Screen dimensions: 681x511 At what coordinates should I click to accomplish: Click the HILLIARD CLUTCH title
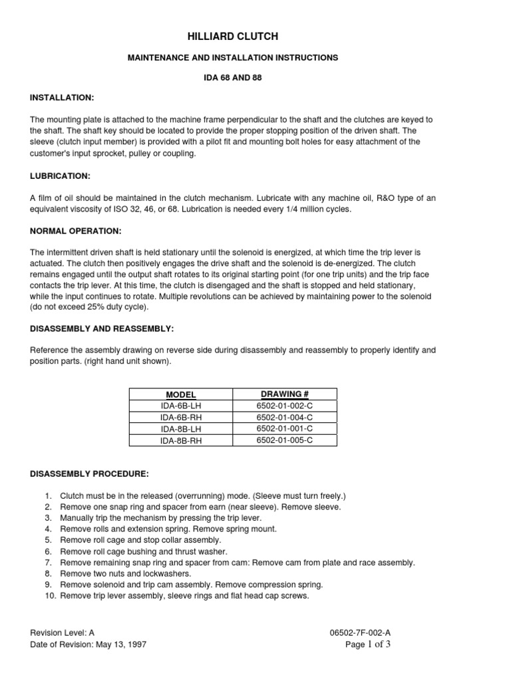pos(232,37)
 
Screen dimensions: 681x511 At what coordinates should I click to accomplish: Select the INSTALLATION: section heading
pos(63,98)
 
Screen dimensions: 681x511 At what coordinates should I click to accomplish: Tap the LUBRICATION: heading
pos(60,176)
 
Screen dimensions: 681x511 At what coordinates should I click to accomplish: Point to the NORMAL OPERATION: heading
pos(75,231)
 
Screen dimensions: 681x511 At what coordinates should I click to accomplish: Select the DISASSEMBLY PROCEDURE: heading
pos(90,474)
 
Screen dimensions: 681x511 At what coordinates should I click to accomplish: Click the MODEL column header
pos(181,395)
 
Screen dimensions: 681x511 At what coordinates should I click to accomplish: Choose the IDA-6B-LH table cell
pos(181,406)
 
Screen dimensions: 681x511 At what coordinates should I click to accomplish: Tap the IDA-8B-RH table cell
pos(181,440)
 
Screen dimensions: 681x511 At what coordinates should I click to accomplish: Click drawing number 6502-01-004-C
pos(285,418)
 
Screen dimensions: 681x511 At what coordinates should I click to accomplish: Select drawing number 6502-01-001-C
pos(285,429)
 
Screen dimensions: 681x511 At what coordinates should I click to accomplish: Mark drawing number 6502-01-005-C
pos(285,440)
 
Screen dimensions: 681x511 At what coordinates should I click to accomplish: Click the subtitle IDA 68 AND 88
pos(232,78)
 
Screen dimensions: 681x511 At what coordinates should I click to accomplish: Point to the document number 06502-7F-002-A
pos(360,634)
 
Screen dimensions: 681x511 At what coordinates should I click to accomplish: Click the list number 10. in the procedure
pos(49,596)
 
